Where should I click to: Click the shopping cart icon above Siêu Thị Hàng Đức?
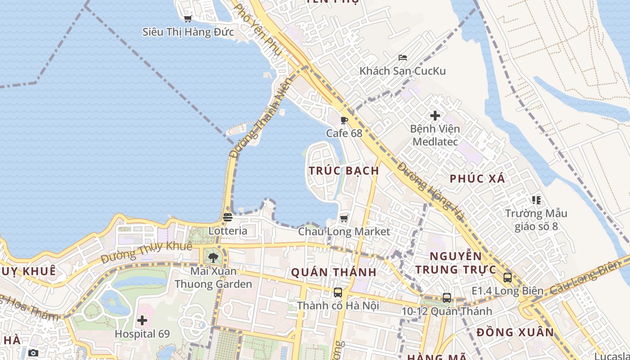click(188, 18)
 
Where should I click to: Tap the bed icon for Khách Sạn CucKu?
click(403, 58)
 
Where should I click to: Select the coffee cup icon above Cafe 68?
click(344, 120)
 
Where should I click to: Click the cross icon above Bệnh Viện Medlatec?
click(435, 116)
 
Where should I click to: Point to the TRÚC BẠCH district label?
click(344, 171)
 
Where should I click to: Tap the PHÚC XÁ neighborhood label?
click(477, 179)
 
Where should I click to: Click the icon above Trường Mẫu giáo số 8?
click(535, 200)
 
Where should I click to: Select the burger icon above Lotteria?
click(228, 217)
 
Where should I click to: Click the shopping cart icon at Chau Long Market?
click(344, 218)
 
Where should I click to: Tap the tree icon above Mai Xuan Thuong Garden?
click(213, 258)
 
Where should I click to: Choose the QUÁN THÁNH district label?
click(333, 272)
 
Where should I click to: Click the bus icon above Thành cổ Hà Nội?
click(338, 292)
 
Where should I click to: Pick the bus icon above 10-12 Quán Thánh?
click(446, 298)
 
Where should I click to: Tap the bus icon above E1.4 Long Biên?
click(508, 278)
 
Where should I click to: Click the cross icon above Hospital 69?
click(142, 321)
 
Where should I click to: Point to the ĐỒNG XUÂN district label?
click(515, 333)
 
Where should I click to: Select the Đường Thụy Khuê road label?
click(146, 252)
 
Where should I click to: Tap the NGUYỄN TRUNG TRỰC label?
click(455, 263)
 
